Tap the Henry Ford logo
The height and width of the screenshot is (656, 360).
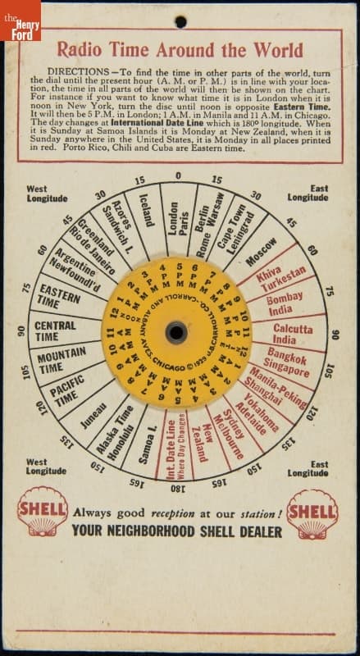coord(20,20)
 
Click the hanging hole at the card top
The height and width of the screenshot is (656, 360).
coord(180,21)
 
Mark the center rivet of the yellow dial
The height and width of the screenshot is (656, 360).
coord(176,332)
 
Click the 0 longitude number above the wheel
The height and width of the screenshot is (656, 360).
coord(178,175)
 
